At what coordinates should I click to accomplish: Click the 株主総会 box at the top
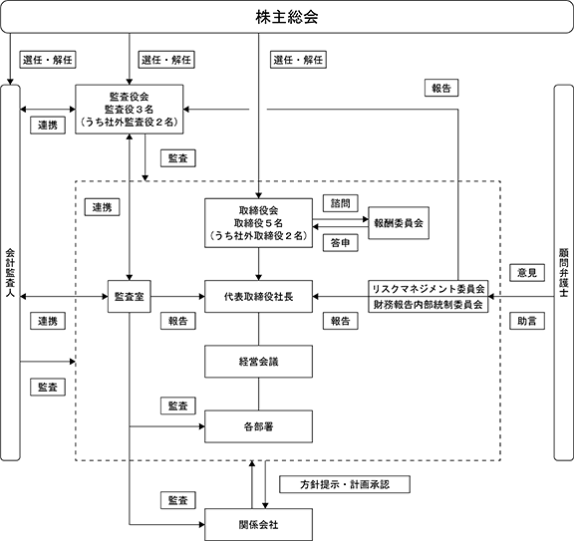[x=287, y=17]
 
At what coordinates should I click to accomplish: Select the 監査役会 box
[x=130, y=109]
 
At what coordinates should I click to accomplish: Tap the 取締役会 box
[x=258, y=223]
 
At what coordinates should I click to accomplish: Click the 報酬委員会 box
[x=399, y=223]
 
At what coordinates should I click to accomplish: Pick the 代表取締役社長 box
[x=258, y=297]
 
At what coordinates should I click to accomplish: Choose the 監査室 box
[x=130, y=297]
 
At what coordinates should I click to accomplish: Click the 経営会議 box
[x=258, y=362]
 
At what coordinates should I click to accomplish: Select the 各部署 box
[x=258, y=426]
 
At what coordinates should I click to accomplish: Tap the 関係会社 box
[x=258, y=524]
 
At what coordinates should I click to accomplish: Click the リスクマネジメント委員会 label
[x=429, y=289]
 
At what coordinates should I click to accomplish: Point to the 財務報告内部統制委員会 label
[x=429, y=305]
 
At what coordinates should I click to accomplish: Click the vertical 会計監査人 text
[x=10, y=273]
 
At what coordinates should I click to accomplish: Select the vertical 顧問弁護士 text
[x=564, y=273]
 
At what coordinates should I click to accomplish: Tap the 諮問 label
[x=341, y=203]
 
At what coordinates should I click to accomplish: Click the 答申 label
[x=341, y=243]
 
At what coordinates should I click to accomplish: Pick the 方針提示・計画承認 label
[x=345, y=484]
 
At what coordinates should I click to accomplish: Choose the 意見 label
[x=527, y=273]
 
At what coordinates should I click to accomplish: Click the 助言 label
[x=527, y=321]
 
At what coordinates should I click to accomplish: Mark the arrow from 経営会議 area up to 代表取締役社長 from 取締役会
[x=258, y=264]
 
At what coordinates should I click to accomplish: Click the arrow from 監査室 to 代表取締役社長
[x=177, y=297]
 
